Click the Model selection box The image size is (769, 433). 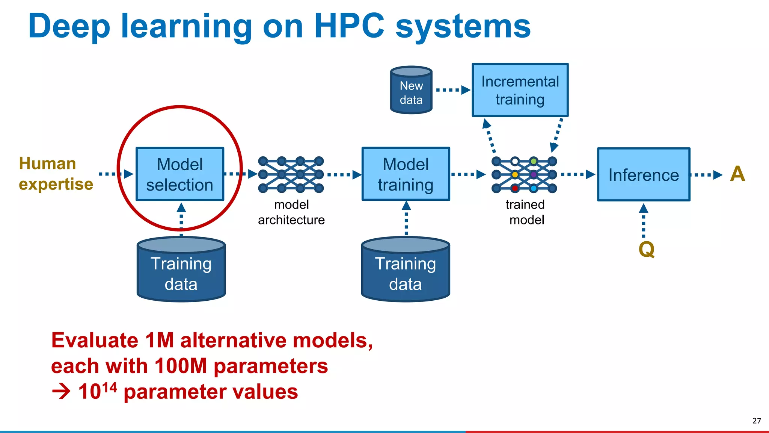180,174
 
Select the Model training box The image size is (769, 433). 406,174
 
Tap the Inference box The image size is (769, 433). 644,175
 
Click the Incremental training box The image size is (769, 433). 520,90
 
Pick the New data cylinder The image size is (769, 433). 411,90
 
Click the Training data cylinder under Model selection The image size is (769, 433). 181,271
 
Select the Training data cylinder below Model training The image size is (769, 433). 406,271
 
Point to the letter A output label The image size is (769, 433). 737,174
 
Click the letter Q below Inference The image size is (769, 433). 647,249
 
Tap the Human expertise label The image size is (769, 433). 56,174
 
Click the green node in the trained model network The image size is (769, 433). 534,161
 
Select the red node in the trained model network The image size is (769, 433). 515,188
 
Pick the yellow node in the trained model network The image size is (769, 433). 515,174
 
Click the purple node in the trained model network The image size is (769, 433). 534,174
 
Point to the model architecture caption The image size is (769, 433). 291,212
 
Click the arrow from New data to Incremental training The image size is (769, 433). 453,90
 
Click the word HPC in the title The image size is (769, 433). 349,26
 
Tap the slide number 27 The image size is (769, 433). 757,421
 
